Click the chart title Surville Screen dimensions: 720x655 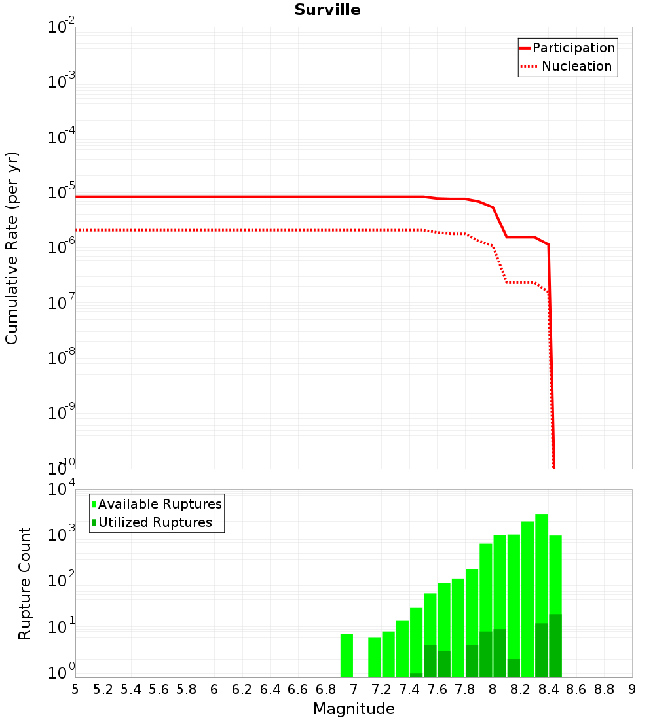coord(327,10)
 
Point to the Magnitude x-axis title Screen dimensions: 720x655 coord(354,709)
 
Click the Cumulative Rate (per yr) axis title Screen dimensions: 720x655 coord(12,247)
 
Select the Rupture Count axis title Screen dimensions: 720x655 coord(25,583)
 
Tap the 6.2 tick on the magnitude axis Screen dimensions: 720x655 coord(242,689)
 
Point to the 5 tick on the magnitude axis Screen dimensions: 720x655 coord(75,689)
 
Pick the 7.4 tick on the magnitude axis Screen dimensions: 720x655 coord(409,689)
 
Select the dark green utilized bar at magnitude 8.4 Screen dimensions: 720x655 coord(555,645)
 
